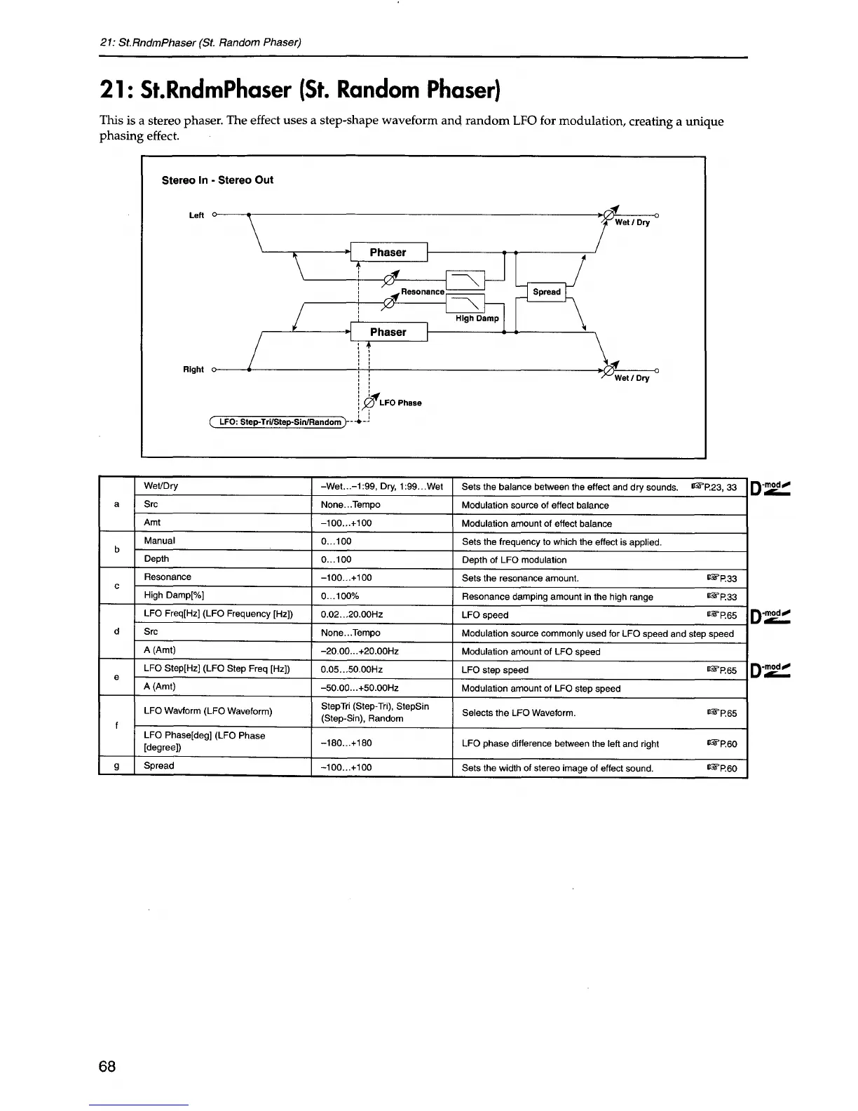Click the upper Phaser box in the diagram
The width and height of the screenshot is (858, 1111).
tap(388, 252)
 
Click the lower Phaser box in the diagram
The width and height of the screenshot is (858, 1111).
tap(388, 332)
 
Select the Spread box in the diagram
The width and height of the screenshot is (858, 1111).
tap(547, 292)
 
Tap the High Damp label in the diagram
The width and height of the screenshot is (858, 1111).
tap(477, 318)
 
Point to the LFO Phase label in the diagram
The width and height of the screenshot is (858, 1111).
tap(400, 403)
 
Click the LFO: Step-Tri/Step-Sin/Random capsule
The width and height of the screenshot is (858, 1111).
tap(279, 422)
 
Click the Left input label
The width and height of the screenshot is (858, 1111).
tap(196, 215)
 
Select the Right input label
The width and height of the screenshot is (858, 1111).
tap(193, 370)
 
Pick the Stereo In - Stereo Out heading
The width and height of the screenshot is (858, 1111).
tap(217, 180)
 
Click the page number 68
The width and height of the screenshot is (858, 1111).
tap(107, 1067)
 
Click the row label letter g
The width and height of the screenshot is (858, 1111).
tap(116, 766)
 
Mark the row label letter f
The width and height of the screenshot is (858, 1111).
tap(116, 725)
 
